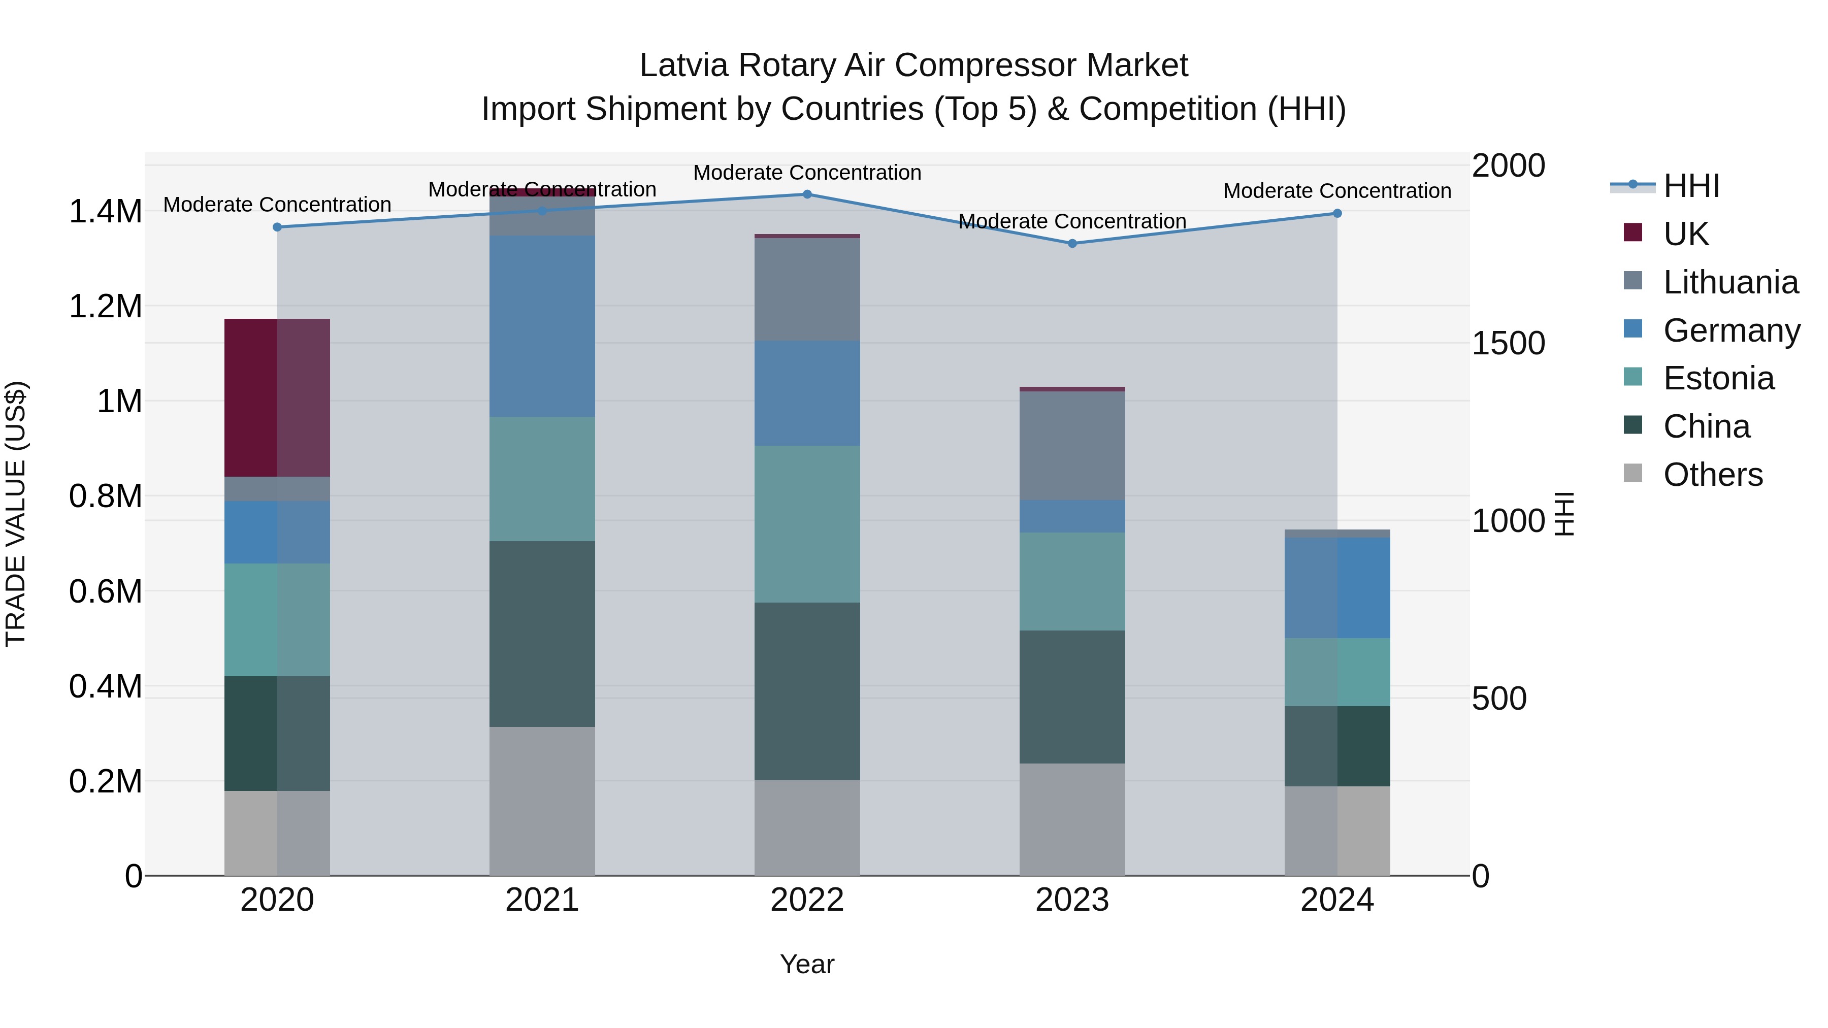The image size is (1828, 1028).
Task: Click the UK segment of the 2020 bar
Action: pos(277,397)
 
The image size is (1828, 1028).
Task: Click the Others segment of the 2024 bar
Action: pos(1337,830)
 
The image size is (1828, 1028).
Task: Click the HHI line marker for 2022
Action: pos(807,194)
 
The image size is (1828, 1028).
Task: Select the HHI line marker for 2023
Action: pos(1072,243)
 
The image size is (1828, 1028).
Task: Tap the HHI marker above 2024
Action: pos(1337,213)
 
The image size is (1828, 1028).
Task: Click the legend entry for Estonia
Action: pos(1718,378)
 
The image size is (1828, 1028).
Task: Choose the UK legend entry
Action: pos(1685,234)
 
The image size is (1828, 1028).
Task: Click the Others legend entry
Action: pos(1712,475)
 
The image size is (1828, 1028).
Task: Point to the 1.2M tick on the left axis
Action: pos(105,307)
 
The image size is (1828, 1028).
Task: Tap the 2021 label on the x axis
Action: pos(542,900)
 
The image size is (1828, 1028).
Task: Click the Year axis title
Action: pos(807,964)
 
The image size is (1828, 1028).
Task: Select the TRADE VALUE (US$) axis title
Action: pos(16,514)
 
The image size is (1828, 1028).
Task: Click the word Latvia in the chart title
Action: pos(683,65)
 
